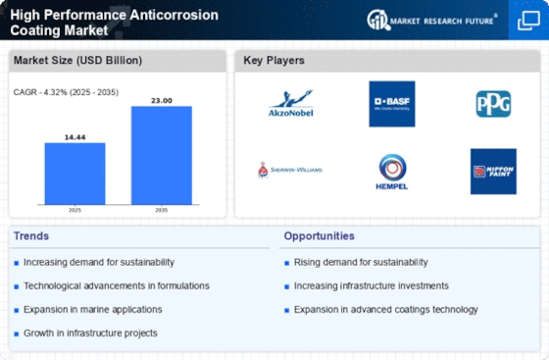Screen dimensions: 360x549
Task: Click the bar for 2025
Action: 75,174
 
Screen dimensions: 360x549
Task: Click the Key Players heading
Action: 275,60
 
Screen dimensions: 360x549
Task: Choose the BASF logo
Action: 391,103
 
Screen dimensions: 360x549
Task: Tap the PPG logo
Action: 493,103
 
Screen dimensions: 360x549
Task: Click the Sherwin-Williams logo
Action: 290,170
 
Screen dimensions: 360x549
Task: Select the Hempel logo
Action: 392,170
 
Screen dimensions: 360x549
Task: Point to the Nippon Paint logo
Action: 493,171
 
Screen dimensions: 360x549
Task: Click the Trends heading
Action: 31,235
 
